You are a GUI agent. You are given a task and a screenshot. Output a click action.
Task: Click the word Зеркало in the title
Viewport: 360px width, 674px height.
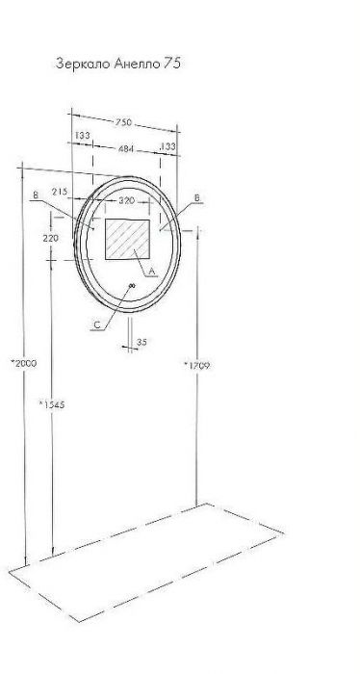pos(84,65)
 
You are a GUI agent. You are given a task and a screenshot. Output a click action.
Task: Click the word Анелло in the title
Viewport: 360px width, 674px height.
pos(137,65)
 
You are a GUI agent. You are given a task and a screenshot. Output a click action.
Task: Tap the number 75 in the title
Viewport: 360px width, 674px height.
pos(171,64)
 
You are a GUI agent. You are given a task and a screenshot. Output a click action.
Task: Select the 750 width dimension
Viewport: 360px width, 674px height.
pos(123,122)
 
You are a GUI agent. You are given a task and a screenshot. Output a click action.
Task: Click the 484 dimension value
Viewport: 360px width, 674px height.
pos(126,149)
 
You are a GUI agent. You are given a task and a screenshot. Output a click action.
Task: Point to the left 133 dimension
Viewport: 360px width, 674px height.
pos(83,136)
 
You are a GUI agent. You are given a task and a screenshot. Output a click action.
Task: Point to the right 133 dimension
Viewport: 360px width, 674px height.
pos(167,146)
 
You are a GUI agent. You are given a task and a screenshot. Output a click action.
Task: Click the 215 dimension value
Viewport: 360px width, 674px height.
pos(60,192)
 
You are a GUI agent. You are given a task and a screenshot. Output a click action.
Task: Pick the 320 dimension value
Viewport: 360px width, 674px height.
pos(127,200)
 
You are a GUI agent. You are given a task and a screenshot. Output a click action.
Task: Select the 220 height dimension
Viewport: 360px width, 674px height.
pos(51,238)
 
